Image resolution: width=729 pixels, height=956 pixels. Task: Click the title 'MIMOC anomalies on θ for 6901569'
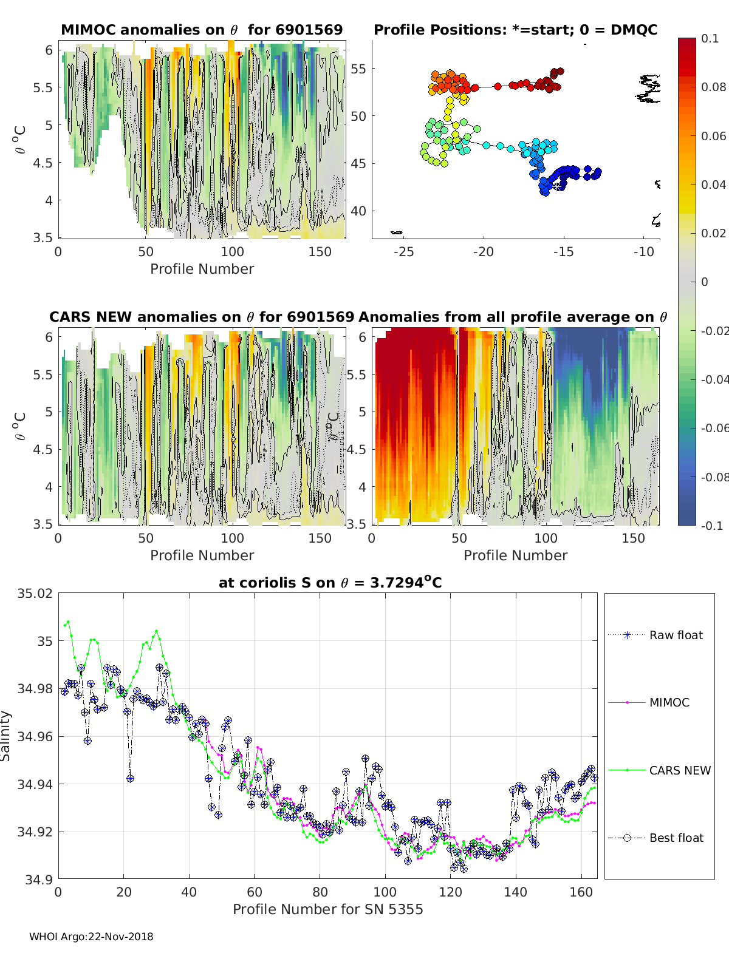tap(202, 30)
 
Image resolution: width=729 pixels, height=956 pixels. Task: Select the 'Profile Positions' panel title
tap(515, 30)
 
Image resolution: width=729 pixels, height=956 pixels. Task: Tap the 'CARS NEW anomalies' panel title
tap(202, 317)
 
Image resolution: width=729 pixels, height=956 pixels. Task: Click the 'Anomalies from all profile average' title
tap(513, 317)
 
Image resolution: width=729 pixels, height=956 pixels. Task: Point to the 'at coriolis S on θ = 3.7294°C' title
tap(330, 583)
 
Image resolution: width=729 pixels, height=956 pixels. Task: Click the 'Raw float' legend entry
tap(676, 635)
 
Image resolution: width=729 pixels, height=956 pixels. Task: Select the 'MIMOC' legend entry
tap(669, 702)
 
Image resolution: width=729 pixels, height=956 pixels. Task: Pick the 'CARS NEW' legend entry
tap(679, 770)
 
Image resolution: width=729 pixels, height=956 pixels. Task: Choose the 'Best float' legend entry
tap(676, 838)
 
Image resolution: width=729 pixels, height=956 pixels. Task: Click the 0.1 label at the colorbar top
tap(710, 38)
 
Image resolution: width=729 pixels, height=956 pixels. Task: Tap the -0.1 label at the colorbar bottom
tap(711, 526)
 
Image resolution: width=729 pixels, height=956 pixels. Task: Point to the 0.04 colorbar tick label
tap(713, 185)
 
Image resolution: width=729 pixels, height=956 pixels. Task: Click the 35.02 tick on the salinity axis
tap(35, 594)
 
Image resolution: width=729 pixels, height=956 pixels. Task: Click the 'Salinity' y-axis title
tap(6, 736)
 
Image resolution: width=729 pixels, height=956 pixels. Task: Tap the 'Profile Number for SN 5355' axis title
tap(327, 909)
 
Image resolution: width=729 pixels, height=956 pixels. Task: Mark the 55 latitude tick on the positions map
tap(358, 69)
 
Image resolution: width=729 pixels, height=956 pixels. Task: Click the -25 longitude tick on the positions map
tap(403, 251)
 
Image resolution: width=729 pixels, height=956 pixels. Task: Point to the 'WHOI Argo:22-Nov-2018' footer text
tap(91, 937)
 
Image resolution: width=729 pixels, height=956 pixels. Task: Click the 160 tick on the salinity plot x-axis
tap(581, 892)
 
